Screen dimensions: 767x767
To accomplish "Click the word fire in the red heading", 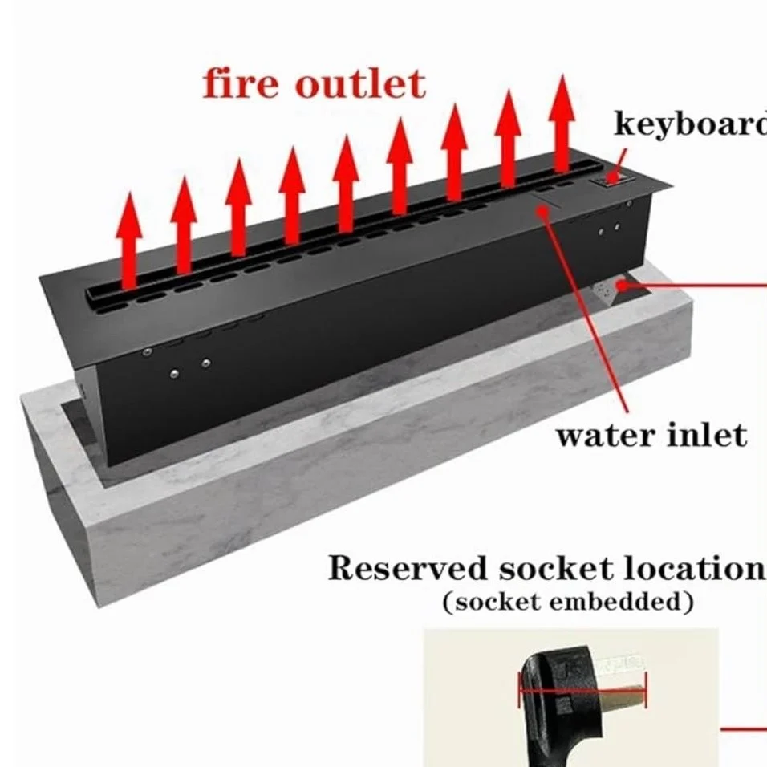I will pos(241,84).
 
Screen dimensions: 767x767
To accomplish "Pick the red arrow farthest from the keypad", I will pos(128,241).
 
